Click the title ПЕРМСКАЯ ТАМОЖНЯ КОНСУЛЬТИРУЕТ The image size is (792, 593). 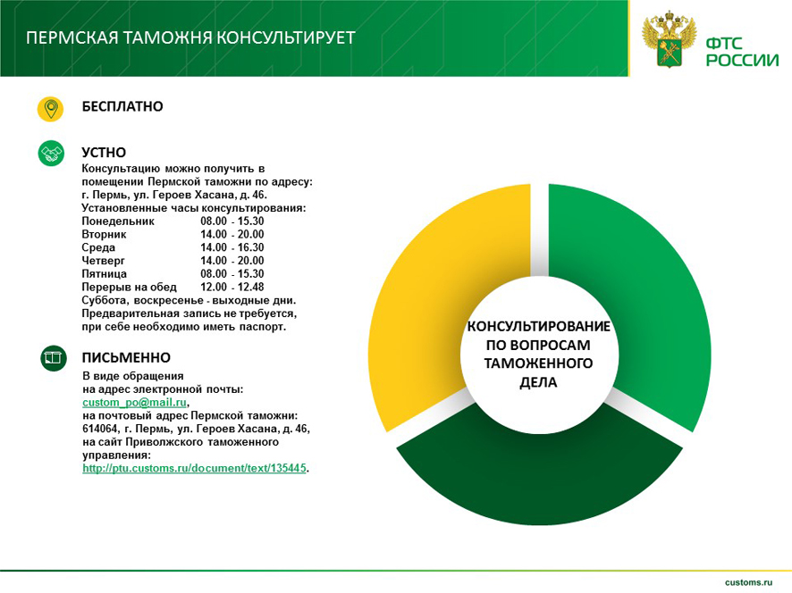(x=190, y=38)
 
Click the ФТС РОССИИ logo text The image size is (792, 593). (x=742, y=52)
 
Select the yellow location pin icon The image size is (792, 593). (x=51, y=109)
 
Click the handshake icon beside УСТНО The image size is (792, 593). (x=51, y=154)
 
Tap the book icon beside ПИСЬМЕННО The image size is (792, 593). (x=53, y=359)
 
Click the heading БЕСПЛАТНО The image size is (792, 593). (x=122, y=106)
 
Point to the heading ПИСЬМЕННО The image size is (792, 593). (x=126, y=358)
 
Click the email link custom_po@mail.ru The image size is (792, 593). (x=134, y=403)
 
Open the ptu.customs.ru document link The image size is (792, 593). (x=194, y=468)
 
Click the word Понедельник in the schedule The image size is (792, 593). (x=118, y=221)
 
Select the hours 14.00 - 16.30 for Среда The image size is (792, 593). (x=232, y=247)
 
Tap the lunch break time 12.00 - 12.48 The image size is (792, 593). (x=232, y=287)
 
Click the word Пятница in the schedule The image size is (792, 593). (x=104, y=273)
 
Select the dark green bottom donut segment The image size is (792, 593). (x=536, y=473)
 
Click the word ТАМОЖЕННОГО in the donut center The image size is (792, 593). (x=539, y=363)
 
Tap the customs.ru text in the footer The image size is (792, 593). (x=749, y=581)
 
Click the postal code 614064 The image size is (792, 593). (x=100, y=429)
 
